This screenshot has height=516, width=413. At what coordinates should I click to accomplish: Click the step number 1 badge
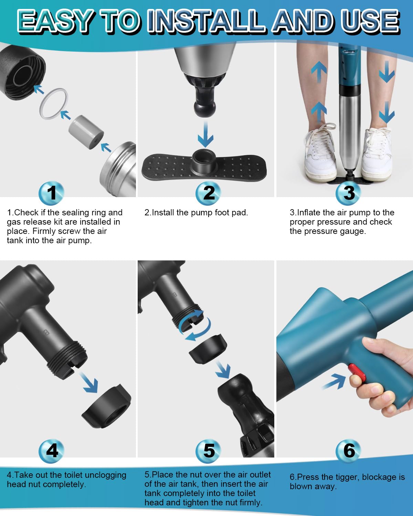(51, 193)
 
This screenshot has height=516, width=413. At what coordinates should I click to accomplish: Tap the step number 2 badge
(208, 193)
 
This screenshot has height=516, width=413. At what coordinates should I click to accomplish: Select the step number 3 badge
(348, 193)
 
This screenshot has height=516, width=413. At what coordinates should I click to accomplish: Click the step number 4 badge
(51, 451)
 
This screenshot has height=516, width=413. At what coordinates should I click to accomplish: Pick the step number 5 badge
(208, 451)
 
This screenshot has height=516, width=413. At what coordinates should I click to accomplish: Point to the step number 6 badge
(348, 451)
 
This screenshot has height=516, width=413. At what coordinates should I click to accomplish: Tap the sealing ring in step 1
(54, 104)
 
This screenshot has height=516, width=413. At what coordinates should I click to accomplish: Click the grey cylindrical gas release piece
(86, 132)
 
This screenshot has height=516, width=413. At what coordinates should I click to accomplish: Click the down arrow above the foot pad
(206, 134)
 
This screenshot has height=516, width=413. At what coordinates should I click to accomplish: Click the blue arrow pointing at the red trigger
(334, 381)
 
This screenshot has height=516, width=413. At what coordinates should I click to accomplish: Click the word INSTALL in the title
(206, 21)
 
